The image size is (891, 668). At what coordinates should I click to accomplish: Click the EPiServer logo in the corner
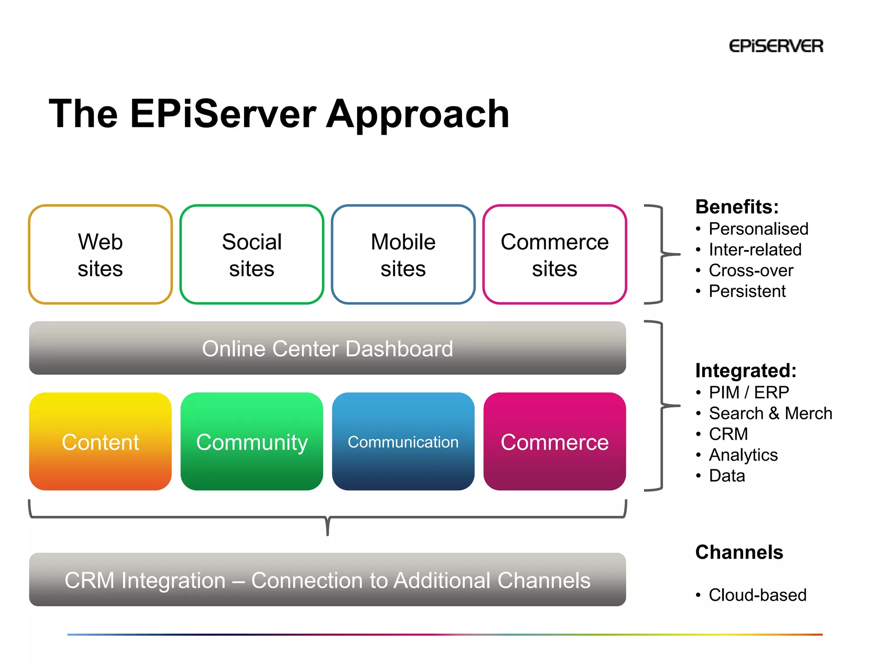coord(776,46)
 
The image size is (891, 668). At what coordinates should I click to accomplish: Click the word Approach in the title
coord(418,114)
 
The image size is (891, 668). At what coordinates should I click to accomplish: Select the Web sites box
coord(100,254)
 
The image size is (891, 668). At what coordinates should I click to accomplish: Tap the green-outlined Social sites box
coord(251,254)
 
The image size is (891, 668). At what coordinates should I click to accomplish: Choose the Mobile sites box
coord(403,254)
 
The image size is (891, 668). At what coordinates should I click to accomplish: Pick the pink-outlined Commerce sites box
coord(554,254)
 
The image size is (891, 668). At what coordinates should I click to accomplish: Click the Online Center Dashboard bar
coord(327,348)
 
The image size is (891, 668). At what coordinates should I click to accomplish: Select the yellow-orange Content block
coord(100,442)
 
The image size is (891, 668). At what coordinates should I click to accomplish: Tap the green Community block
coord(251,442)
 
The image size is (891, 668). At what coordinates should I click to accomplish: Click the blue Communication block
coord(403,442)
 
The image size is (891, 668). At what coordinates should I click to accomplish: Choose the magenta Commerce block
coord(554,442)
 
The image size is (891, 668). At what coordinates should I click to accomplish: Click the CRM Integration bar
coord(327,580)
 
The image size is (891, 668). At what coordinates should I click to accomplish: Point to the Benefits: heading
coord(737,207)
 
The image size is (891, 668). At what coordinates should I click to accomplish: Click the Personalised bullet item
coord(758,229)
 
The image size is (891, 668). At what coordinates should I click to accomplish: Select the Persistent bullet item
coord(747,291)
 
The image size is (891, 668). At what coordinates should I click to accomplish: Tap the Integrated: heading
coord(746,371)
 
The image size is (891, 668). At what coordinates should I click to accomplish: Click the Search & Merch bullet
coord(770,413)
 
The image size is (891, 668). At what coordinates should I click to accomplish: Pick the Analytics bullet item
coord(743,455)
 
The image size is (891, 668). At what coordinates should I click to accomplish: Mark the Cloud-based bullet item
coord(757,595)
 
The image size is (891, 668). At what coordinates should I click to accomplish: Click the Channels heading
coord(739,552)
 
